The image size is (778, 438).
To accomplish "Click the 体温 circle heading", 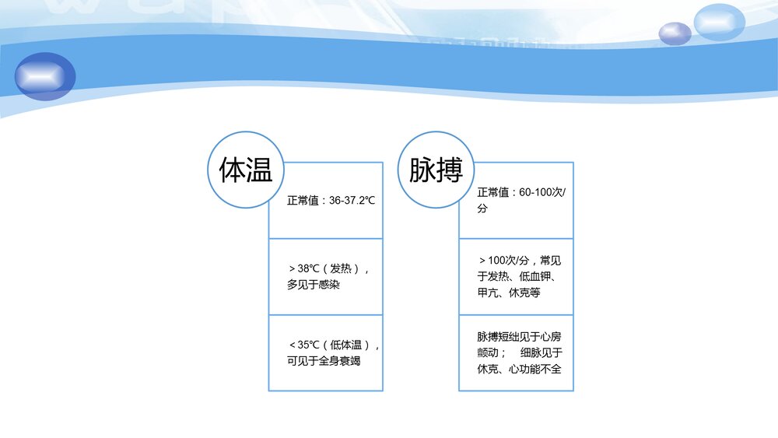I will click(246, 170).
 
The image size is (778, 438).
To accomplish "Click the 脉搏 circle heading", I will click(436, 170).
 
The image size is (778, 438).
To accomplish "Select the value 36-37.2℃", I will click(352, 201).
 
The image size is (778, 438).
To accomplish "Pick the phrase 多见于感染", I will click(314, 285).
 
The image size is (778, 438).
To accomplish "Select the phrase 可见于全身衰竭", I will click(324, 361).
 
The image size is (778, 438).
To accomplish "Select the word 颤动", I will click(488, 352).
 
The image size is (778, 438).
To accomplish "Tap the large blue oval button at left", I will click(45, 76).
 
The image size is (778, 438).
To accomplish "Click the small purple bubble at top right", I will click(675, 33).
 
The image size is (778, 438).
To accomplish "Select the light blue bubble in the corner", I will click(720, 22).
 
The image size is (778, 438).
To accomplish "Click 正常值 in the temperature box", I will click(302, 201).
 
